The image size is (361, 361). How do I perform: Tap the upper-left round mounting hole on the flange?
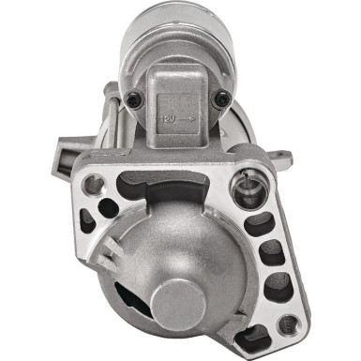click(x=93, y=185)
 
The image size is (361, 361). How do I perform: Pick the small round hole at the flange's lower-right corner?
click(x=288, y=324)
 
